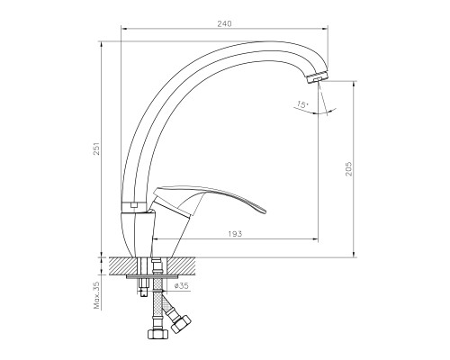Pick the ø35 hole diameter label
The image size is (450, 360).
click(x=180, y=285)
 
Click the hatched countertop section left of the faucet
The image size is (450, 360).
click(x=121, y=266)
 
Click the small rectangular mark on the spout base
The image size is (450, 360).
click(x=132, y=204)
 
